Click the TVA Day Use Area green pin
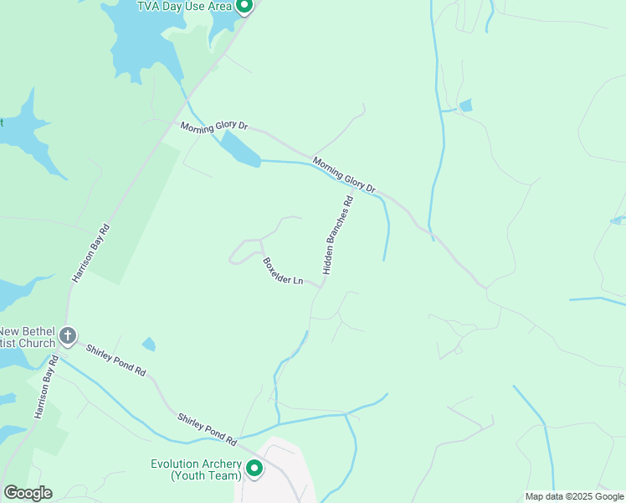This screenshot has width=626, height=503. pyautogui.click(x=244, y=6)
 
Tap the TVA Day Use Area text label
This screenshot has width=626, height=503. pyautogui.click(x=184, y=7)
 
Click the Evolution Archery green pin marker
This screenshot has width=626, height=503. pyautogui.click(x=254, y=468)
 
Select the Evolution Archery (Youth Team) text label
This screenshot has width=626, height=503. pyautogui.click(x=196, y=469)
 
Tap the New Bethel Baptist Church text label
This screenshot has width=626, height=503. pyautogui.click(x=28, y=336)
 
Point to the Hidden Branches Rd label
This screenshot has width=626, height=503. pyautogui.click(x=338, y=236)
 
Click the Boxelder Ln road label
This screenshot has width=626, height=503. pyautogui.click(x=283, y=271)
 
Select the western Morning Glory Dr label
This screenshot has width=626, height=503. pyautogui.click(x=215, y=126)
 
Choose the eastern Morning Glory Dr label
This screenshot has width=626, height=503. pyautogui.click(x=344, y=174)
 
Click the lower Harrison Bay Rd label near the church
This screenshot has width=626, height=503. pyautogui.click(x=44, y=388)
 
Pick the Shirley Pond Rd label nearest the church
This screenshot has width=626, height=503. pyautogui.click(x=115, y=360)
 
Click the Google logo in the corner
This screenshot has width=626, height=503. pyautogui.click(x=28, y=493)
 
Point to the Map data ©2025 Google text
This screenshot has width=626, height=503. pyautogui.click(x=573, y=496)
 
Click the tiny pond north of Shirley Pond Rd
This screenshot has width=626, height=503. pyautogui.click(x=148, y=344)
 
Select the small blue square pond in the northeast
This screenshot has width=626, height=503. pyautogui.click(x=465, y=105)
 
